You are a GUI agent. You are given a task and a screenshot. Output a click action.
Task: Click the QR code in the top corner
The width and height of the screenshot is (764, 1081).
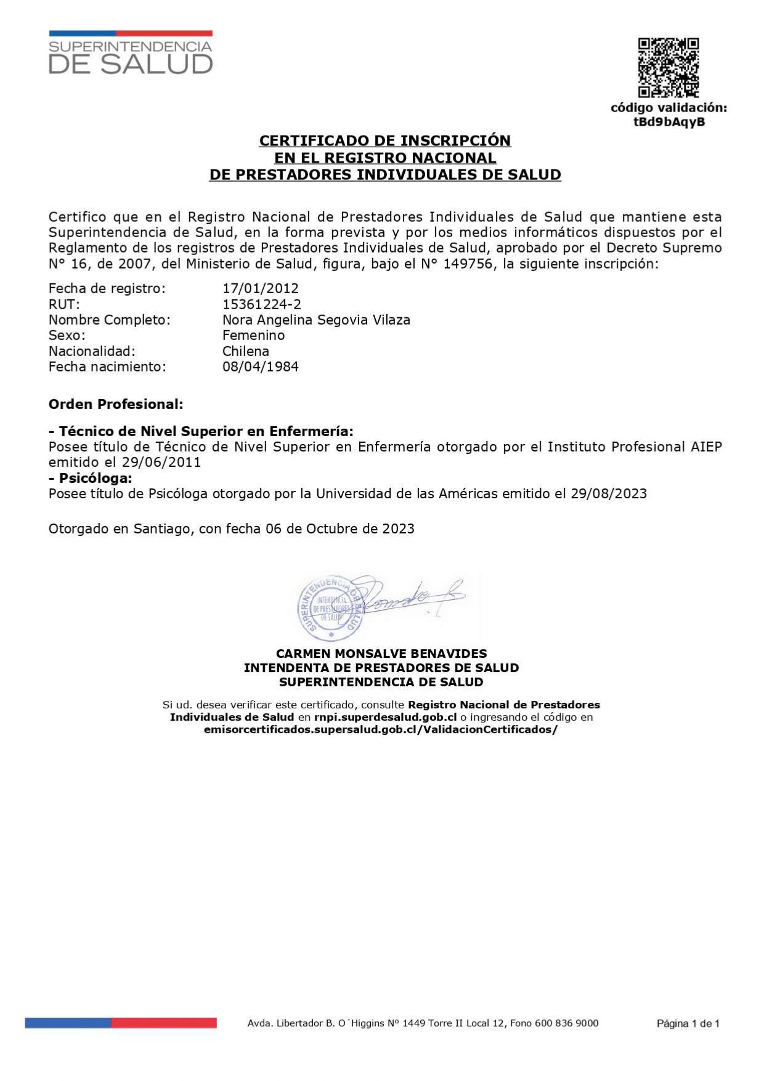pos(668,68)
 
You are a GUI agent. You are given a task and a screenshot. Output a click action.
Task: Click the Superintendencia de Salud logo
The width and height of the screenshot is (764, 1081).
pos(131,54)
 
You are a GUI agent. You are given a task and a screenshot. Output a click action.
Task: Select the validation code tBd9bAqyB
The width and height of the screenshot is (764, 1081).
pos(669,122)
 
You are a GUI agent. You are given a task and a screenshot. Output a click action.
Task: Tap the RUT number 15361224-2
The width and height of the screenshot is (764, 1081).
pos(262,304)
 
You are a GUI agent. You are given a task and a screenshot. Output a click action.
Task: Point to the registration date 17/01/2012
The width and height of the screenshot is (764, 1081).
pos(261,288)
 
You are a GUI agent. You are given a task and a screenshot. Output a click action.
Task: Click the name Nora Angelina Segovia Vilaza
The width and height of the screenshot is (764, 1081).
pos(316,320)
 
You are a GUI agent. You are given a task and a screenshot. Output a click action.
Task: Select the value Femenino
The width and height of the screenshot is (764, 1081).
pos(253,335)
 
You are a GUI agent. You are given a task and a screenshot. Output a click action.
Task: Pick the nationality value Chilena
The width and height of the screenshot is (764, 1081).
pos(246,351)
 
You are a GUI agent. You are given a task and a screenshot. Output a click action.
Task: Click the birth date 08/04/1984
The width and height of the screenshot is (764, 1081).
pos(261,366)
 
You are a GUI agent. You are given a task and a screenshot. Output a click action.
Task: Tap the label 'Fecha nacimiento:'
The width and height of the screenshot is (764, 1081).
pos(107,366)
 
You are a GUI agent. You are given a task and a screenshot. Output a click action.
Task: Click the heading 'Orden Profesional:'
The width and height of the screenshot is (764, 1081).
pos(116,404)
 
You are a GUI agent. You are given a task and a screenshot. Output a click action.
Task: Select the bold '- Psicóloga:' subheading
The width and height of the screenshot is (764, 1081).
pos(91,478)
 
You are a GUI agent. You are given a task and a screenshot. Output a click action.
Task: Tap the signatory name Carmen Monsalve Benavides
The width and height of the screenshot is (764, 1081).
pos(381,654)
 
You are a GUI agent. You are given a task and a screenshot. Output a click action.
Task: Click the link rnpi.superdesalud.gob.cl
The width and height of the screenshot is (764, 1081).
pos(385,717)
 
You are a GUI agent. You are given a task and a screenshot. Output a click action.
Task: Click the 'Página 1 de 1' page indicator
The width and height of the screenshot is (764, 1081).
pos(688,1024)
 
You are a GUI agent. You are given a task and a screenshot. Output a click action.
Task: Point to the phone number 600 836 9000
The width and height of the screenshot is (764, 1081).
pos(566,1023)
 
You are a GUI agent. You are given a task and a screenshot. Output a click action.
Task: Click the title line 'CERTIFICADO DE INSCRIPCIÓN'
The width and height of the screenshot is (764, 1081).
pos(385,140)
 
